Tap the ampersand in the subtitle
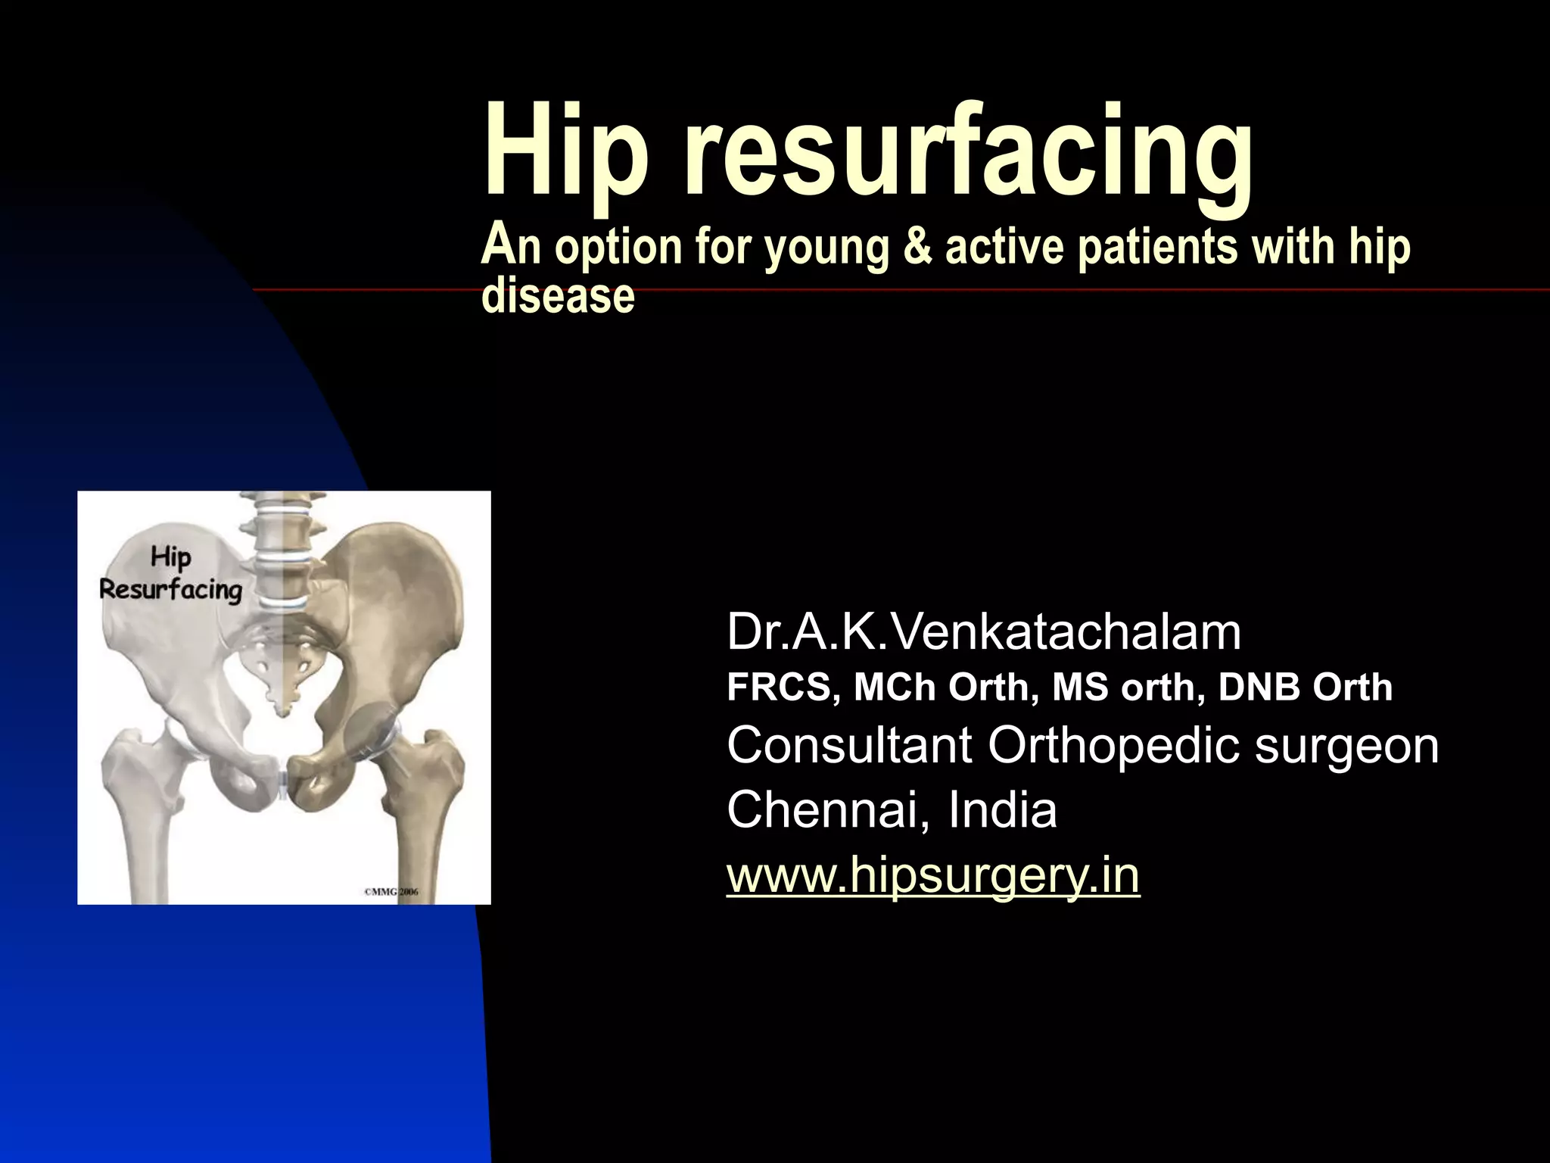point(918,247)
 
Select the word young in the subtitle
point(826,248)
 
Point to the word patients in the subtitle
point(1158,247)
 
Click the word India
point(1002,809)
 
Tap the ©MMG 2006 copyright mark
point(391,891)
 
